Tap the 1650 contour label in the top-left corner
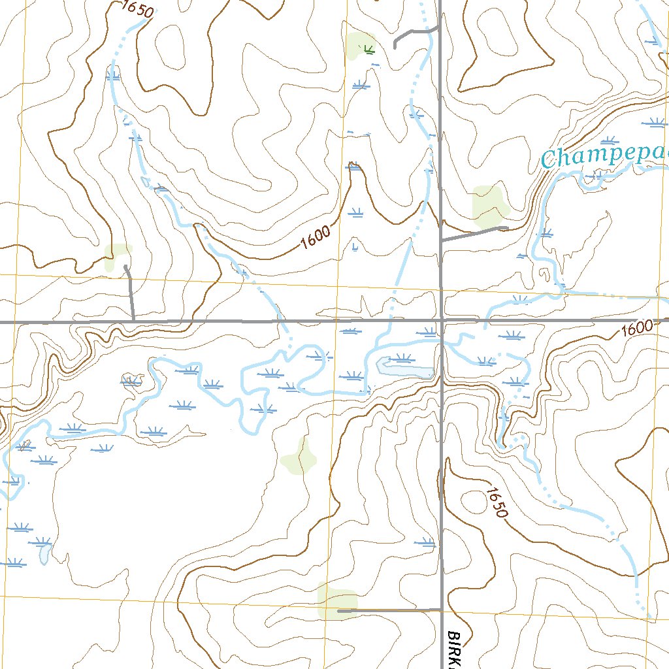(137, 9)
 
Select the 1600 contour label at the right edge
(636, 329)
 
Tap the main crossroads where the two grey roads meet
(442, 321)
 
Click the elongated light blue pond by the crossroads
(405, 367)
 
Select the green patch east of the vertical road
(489, 203)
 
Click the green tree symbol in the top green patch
(368, 48)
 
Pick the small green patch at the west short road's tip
(118, 257)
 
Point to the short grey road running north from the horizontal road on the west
(130, 294)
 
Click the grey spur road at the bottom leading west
(389, 611)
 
